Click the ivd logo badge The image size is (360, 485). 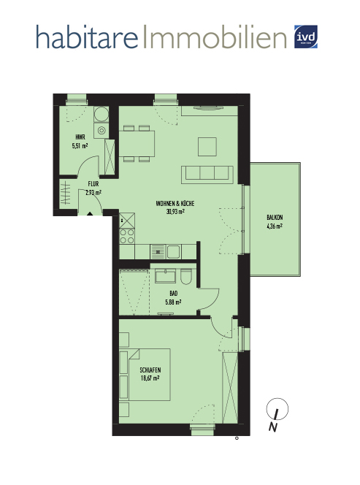coord(305,37)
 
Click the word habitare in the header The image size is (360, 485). coord(87,37)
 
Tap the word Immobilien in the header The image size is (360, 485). coord(215,37)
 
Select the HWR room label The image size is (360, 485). coord(80,137)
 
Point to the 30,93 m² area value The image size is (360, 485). coord(175,212)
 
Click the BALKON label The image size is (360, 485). coord(275,218)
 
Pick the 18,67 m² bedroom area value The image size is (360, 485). coord(150,378)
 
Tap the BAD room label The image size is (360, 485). coord(174,293)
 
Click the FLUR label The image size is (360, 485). coord(93,184)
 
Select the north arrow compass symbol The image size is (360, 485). coord(277,414)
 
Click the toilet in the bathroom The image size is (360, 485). coord(186,276)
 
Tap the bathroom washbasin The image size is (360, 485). coord(165,275)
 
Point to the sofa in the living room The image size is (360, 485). coord(207,175)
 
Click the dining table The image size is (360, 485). coord(137,143)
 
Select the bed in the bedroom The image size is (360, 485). coord(145,375)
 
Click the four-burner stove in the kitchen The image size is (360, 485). coord(127,237)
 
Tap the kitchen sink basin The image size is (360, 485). coord(174,251)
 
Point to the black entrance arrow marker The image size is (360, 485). coord(90,213)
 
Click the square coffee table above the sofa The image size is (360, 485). coord(207,147)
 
